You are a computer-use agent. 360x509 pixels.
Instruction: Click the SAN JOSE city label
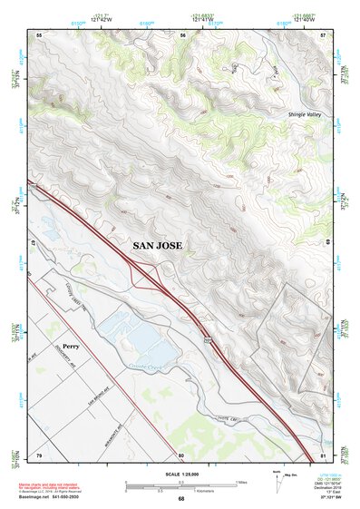[158, 245]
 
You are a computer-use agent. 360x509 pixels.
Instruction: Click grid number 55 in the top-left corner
[39, 34]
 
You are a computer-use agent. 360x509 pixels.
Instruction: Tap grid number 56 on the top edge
[182, 34]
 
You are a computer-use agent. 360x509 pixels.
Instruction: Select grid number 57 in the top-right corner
[322, 34]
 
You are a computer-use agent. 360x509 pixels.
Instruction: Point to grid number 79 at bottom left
[39, 455]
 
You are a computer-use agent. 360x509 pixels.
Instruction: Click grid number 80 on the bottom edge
[181, 455]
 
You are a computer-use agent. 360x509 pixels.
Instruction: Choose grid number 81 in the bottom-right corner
[322, 455]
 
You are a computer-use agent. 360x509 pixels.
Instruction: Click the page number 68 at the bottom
[180, 499]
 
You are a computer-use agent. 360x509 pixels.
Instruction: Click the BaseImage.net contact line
[50, 498]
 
